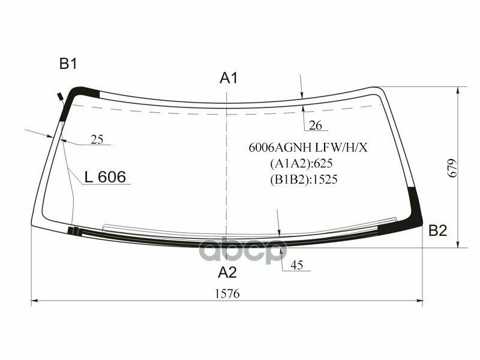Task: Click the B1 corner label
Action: point(68,64)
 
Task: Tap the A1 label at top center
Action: point(229,77)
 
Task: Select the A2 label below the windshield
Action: point(227,272)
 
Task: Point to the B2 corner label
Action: point(437,230)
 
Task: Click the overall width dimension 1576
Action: point(227,293)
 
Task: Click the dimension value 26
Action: point(316,125)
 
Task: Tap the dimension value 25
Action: point(97,140)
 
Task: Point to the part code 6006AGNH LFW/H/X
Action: point(308,148)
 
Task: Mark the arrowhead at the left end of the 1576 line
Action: point(34,301)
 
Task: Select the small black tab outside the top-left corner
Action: point(61,96)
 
